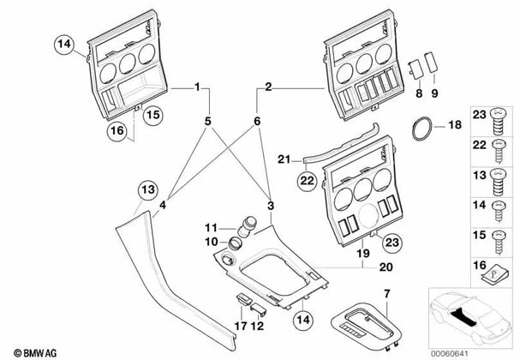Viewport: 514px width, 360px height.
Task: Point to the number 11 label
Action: click(x=210, y=227)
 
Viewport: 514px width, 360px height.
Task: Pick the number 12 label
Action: click(x=255, y=326)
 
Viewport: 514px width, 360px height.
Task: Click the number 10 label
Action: click(x=210, y=243)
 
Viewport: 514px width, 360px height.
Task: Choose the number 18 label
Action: click(x=455, y=125)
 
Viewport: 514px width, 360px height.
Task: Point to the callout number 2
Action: click(x=268, y=87)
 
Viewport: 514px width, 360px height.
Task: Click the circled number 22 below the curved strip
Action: click(x=307, y=179)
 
